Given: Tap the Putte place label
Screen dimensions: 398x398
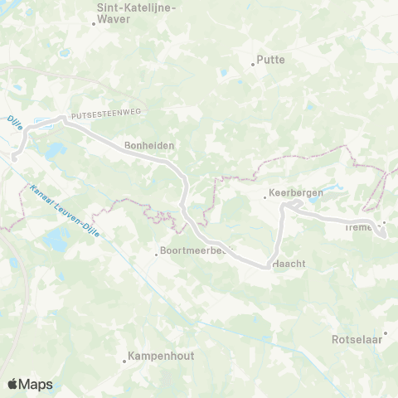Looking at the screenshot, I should (x=270, y=60).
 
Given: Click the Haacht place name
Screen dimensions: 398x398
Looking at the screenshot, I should (x=290, y=263).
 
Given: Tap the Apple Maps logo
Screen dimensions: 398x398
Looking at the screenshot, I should (x=30, y=384).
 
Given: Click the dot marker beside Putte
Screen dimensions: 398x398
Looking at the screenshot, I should (x=253, y=64).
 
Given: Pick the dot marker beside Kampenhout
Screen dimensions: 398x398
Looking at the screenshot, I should (x=124, y=361).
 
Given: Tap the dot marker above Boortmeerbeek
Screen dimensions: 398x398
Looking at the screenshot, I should (x=157, y=254).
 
